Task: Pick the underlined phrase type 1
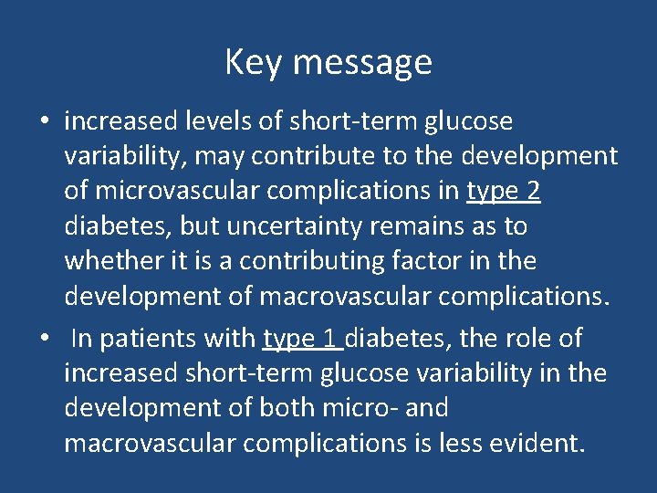[303, 339]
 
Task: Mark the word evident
[533, 443]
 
